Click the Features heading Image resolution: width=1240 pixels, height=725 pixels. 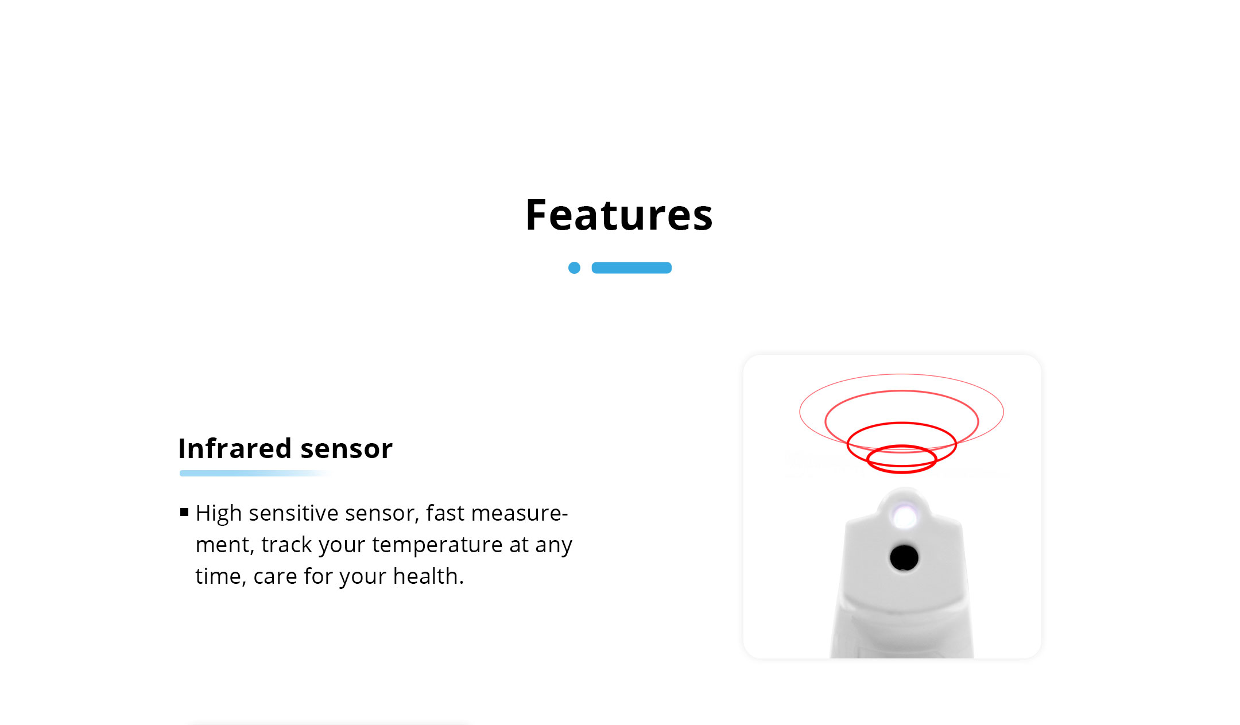[619, 215]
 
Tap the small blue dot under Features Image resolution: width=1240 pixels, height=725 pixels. [574, 267]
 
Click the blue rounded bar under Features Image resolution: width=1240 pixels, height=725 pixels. [631, 267]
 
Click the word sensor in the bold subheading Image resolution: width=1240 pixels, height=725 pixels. [347, 449]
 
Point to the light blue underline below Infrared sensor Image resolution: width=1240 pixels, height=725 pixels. [255, 473]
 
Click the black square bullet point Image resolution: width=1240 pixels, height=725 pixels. [184, 512]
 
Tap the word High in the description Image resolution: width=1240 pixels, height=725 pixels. [219, 513]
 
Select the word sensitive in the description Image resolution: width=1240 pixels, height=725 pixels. [293, 513]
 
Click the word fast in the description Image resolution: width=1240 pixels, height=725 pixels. [445, 513]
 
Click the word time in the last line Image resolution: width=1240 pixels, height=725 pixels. [218, 576]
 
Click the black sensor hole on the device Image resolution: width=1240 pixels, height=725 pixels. [904, 557]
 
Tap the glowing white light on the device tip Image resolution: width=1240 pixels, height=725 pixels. [905, 516]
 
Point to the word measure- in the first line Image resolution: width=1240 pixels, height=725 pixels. [519, 513]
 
